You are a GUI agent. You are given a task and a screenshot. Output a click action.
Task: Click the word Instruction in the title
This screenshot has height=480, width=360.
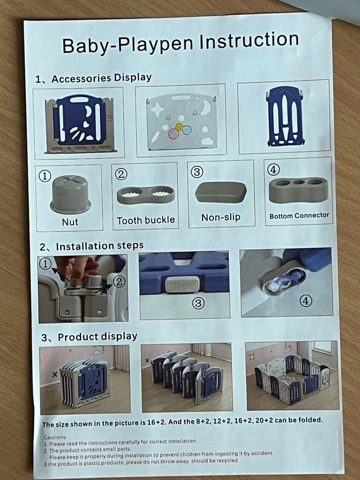[249, 41]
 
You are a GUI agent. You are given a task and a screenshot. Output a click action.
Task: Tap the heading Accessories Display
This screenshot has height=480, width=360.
[102, 78]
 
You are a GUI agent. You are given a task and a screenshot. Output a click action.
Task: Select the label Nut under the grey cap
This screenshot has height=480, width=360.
[70, 222]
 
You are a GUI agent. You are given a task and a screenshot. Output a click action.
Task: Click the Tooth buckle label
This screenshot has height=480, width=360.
[146, 220]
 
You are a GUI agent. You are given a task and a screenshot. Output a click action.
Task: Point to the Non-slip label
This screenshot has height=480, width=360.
[220, 217]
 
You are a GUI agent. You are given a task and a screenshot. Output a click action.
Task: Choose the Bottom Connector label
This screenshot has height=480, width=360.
[299, 216]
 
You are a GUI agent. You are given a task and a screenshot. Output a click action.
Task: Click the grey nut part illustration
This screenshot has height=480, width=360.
[70, 194]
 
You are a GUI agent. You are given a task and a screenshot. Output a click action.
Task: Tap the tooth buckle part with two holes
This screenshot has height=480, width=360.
[146, 195]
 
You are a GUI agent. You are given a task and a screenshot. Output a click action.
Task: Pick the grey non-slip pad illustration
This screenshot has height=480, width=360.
[220, 192]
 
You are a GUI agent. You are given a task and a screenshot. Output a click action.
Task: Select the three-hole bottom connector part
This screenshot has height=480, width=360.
[298, 190]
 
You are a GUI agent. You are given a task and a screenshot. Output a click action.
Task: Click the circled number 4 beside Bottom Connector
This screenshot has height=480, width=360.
[273, 169]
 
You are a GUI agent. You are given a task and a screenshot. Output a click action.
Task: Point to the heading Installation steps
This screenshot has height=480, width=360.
[100, 246]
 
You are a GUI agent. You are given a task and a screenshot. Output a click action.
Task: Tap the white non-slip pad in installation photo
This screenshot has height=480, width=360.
[182, 284]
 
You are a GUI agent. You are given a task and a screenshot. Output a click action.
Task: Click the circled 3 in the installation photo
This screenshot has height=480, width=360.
[198, 303]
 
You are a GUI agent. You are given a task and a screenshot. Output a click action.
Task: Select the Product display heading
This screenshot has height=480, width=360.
[97, 337]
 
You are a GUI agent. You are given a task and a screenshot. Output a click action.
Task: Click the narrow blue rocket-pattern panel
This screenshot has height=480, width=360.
[285, 116]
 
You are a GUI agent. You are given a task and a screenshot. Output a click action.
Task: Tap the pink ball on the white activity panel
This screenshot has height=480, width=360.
[174, 133]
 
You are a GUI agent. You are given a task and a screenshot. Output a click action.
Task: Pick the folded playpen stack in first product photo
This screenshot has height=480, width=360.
[85, 383]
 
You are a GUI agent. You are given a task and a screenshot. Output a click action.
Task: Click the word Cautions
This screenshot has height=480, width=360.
[55, 437]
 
